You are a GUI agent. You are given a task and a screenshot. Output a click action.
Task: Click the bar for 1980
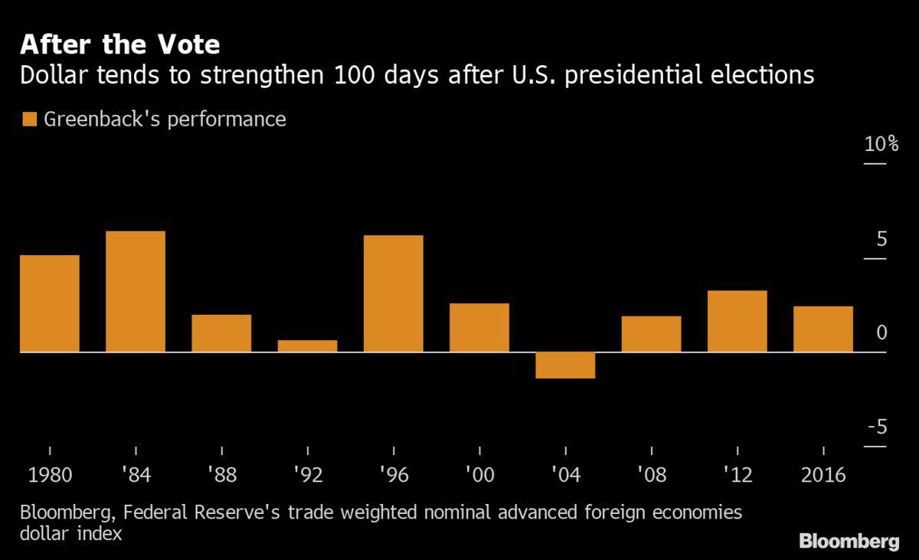pyautogui.click(x=50, y=303)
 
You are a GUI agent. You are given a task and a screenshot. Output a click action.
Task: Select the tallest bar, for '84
pyautogui.click(x=136, y=291)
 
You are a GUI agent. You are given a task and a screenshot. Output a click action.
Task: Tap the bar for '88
pyautogui.click(x=221, y=332)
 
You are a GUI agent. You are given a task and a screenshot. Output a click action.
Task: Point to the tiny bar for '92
pyautogui.click(x=307, y=345)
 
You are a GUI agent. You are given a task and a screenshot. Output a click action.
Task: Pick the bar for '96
pyautogui.click(x=394, y=293)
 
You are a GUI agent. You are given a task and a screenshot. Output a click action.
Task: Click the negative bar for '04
pyautogui.click(x=565, y=365)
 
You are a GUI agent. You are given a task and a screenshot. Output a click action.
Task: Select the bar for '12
pyautogui.click(x=737, y=321)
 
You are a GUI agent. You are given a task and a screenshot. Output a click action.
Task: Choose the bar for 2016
pyautogui.click(x=823, y=329)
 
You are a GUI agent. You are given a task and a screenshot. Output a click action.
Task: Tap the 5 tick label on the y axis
pyautogui.click(x=881, y=239)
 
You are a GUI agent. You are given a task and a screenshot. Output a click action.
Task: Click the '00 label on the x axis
pyautogui.click(x=479, y=475)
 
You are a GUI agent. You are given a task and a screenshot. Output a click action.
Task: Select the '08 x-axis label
pyautogui.click(x=651, y=475)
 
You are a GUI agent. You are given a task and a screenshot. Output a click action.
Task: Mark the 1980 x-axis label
pyautogui.click(x=50, y=475)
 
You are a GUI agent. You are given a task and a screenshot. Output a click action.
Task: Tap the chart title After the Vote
pyautogui.click(x=120, y=45)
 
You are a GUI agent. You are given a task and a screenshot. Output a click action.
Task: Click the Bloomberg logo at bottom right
pyautogui.click(x=849, y=542)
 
